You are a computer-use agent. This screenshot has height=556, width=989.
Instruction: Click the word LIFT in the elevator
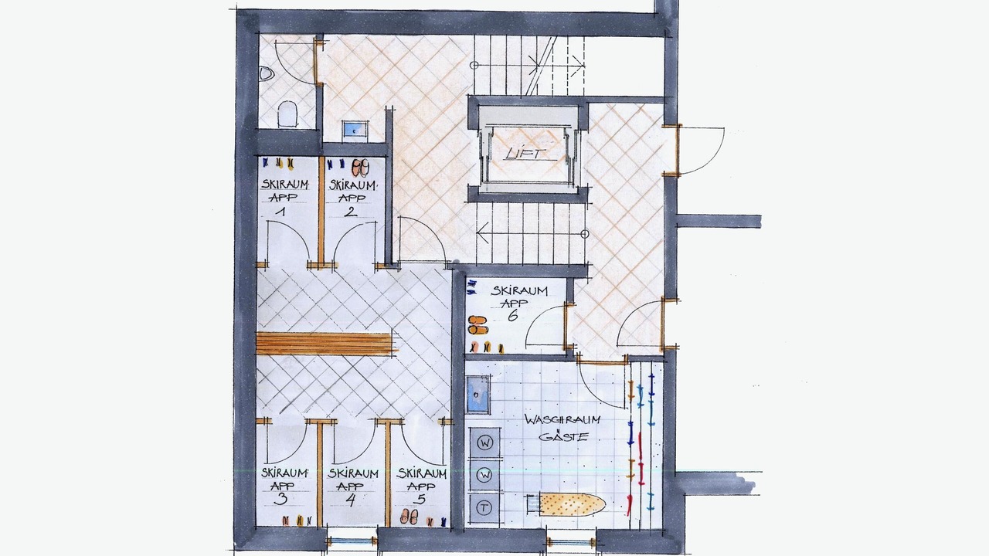pos(525,153)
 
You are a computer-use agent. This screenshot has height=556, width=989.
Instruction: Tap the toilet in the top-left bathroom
pos(288,114)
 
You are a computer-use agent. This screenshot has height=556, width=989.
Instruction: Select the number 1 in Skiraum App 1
pos(280,212)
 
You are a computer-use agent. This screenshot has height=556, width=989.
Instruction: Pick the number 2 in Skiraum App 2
pos(351,212)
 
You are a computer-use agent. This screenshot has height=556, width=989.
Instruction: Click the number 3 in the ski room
pos(280,499)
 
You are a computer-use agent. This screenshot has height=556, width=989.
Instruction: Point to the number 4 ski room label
pos(351,500)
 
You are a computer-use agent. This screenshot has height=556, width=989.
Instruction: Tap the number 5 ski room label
pos(420,499)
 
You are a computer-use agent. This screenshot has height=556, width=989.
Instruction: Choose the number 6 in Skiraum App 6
pos(512,316)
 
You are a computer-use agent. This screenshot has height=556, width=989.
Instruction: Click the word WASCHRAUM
pos(562,419)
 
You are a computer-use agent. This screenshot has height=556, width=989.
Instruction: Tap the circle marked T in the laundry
pos(484,508)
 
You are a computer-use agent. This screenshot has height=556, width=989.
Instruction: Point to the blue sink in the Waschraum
pos(478,394)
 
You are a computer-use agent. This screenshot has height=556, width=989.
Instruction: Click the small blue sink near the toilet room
pos(355,131)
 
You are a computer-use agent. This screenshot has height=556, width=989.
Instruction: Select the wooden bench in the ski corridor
pos(327,344)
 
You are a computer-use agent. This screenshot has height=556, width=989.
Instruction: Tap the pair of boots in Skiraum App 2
pos(360,168)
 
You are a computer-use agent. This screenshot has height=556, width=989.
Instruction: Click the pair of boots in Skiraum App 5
pos(409,517)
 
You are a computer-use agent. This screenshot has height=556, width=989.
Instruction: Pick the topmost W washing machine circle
pos(485,443)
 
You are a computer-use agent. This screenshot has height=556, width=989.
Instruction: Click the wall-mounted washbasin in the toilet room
pos(264,73)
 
